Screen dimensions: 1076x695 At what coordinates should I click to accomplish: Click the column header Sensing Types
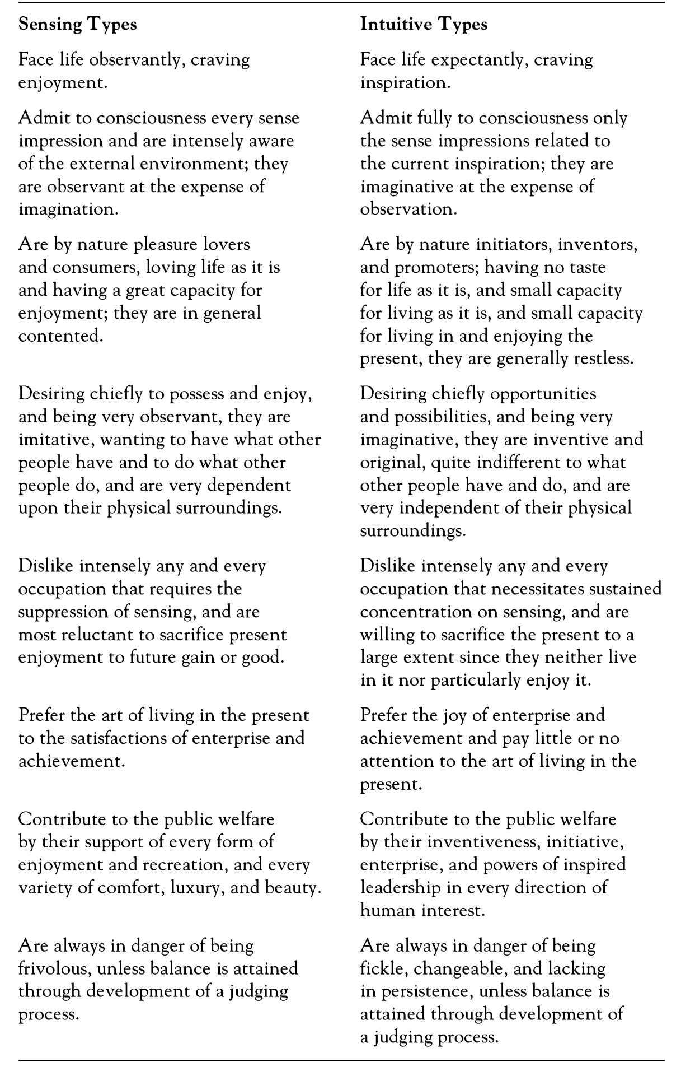click(78, 25)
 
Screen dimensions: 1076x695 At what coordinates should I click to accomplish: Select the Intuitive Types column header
click(424, 25)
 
